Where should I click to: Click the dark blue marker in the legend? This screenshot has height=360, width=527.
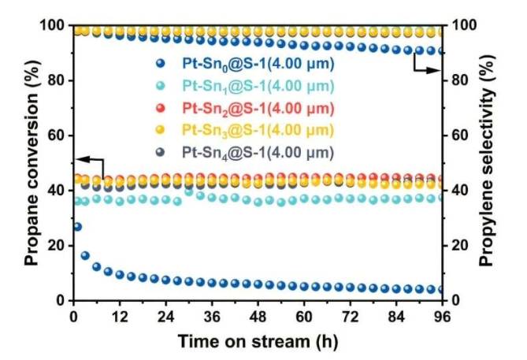tap(161, 63)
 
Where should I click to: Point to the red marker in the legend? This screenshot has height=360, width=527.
tap(161, 107)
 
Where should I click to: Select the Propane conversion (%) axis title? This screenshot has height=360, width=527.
tap(29, 163)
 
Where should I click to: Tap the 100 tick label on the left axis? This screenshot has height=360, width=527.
tap(52, 25)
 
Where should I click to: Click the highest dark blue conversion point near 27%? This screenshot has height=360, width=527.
tap(76, 227)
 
